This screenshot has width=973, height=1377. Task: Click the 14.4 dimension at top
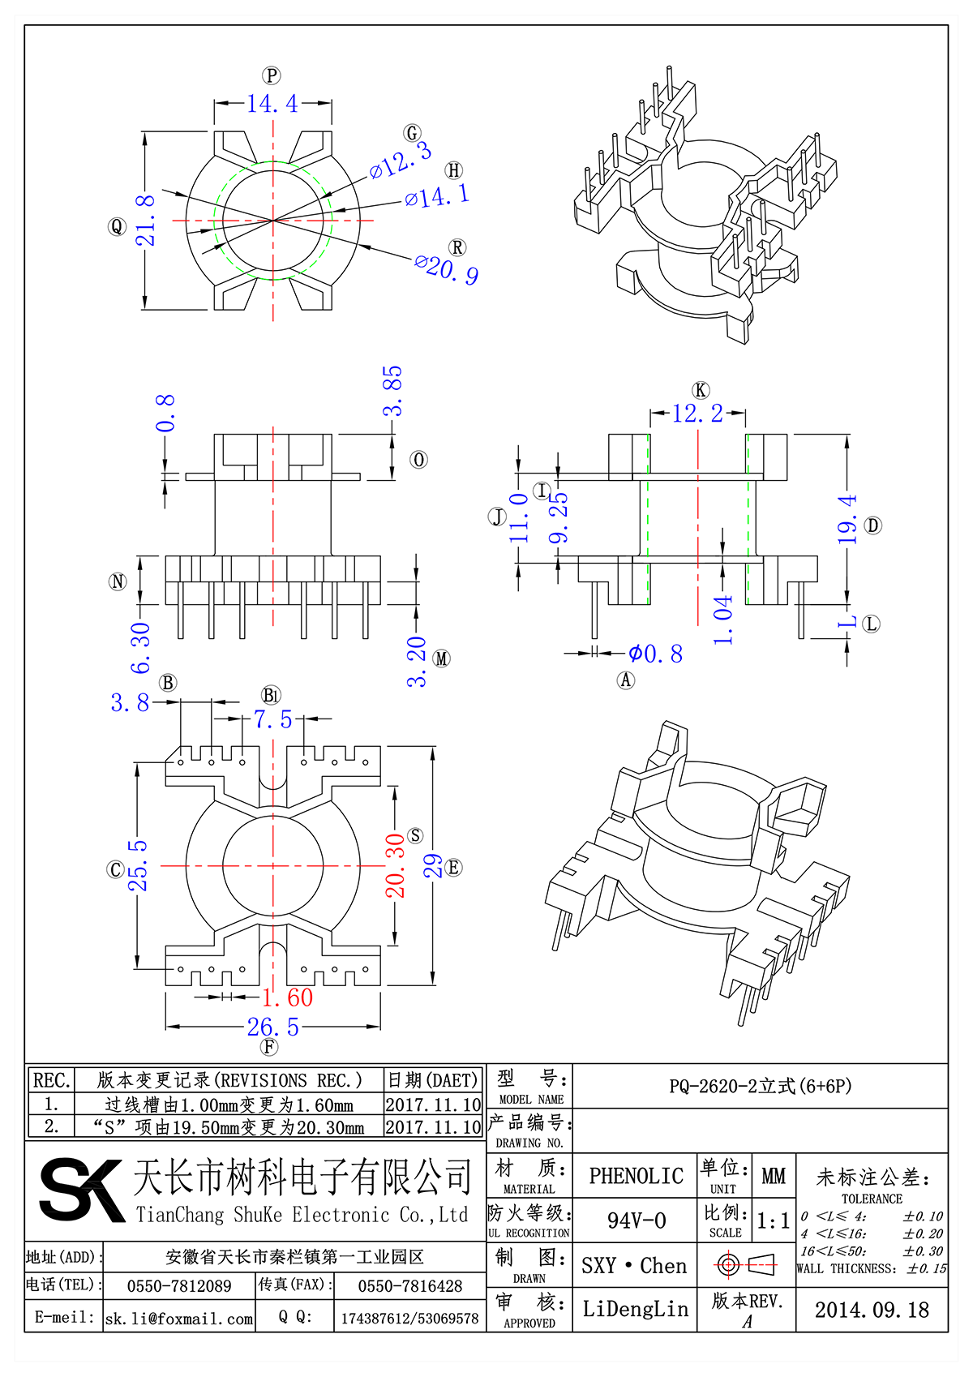pos(272,104)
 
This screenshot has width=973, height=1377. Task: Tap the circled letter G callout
pos(413,133)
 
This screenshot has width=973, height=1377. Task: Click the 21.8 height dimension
pos(145,220)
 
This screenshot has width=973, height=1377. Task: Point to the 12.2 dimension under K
pos(697,414)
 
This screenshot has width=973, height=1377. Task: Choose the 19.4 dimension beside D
pos(847,519)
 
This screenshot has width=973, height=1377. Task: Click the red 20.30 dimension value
pos(395,865)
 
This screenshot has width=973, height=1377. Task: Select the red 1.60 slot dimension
pos(287,997)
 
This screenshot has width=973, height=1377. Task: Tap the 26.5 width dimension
pos(273,1027)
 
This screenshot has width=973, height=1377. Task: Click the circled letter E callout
pos(453,868)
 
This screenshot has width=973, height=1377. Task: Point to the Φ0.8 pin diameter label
pos(656,654)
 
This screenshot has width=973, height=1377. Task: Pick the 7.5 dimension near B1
pos(272,719)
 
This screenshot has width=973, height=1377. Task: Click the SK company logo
pos(81,1190)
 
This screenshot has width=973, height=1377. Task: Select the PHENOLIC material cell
pos(636,1176)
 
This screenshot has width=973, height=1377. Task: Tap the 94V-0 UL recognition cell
pos(636,1220)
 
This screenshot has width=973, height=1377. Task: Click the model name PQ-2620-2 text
pos(760,1087)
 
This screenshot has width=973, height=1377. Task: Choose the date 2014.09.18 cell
pos(872,1310)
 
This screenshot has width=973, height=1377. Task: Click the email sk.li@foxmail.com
pos(179,1319)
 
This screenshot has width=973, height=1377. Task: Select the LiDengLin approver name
pos(635,1309)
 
